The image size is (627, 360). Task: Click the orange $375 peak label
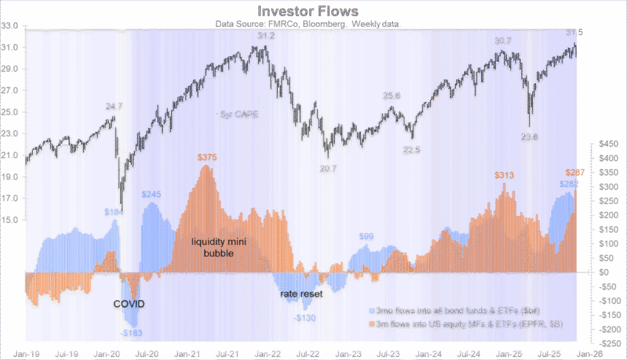click(209, 157)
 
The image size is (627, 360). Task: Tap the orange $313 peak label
click(504, 176)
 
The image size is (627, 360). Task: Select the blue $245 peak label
click(151, 195)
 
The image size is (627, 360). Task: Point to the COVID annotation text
click(128, 303)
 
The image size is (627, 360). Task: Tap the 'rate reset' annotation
click(301, 294)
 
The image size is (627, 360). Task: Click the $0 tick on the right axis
click(604, 273)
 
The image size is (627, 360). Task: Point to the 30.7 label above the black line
click(503, 41)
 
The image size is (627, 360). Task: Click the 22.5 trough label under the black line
click(412, 151)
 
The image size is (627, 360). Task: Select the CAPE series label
click(240, 114)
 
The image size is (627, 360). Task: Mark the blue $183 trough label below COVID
click(132, 333)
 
